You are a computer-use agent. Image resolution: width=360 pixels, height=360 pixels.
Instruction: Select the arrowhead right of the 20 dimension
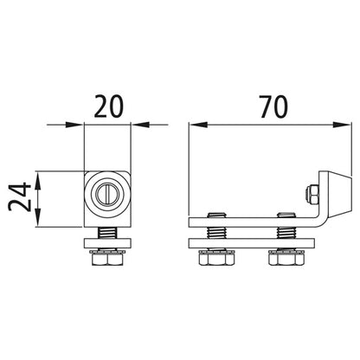click(136, 126)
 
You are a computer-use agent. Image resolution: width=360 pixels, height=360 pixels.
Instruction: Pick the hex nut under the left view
click(107, 259)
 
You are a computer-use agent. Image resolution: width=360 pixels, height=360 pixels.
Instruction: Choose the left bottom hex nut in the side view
click(215, 258)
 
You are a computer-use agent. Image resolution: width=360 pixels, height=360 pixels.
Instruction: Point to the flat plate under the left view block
click(107, 243)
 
